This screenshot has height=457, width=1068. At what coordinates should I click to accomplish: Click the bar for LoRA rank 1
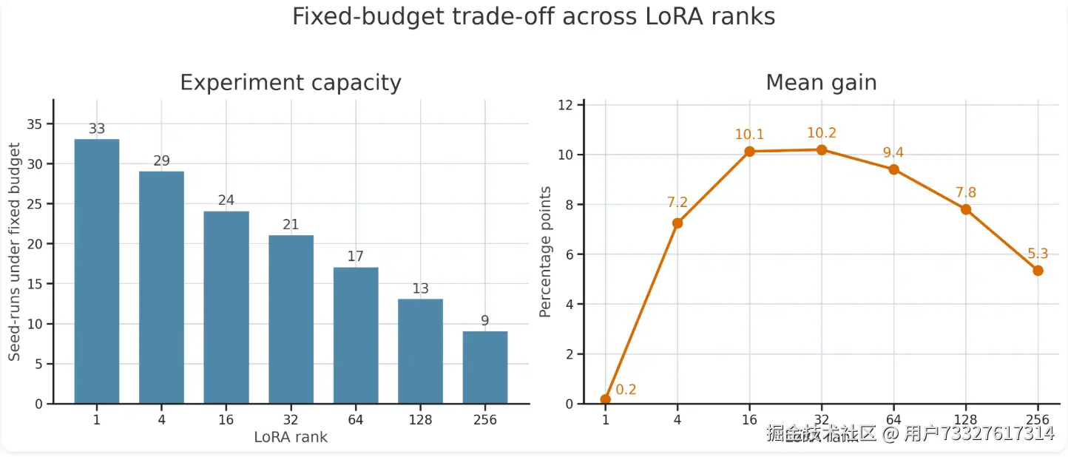[97, 271]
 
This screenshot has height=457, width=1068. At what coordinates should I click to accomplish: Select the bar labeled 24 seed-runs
[226, 307]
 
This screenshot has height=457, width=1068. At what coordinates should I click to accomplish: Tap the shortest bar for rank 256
[485, 367]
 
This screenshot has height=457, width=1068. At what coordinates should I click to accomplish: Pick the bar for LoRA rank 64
[356, 335]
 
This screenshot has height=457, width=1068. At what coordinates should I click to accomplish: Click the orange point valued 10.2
[822, 149]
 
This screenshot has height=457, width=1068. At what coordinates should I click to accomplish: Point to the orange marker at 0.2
[606, 399]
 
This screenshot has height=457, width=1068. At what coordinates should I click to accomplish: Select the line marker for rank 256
[1038, 271]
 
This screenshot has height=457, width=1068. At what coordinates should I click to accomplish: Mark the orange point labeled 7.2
[677, 223]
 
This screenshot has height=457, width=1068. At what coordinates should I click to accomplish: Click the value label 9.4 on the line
[893, 153]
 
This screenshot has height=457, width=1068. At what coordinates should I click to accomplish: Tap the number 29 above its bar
[162, 161]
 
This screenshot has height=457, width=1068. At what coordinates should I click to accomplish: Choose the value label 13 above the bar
[421, 288]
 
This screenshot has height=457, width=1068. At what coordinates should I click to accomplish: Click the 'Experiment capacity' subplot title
[291, 83]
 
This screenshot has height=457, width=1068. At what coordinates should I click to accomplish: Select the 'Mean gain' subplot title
[821, 83]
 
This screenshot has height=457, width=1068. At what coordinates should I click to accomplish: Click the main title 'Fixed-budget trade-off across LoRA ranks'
[533, 17]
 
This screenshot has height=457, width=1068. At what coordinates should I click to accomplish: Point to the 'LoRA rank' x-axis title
[291, 437]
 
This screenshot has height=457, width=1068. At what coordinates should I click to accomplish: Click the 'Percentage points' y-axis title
[546, 253]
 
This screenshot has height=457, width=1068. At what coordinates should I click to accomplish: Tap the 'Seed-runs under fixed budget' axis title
[15, 252]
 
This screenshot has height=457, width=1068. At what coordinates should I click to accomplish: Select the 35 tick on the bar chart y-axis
[34, 123]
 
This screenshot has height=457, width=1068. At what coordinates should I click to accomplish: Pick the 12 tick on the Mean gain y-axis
[566, 105]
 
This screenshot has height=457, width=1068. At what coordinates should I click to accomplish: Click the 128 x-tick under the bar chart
[421, 420]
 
